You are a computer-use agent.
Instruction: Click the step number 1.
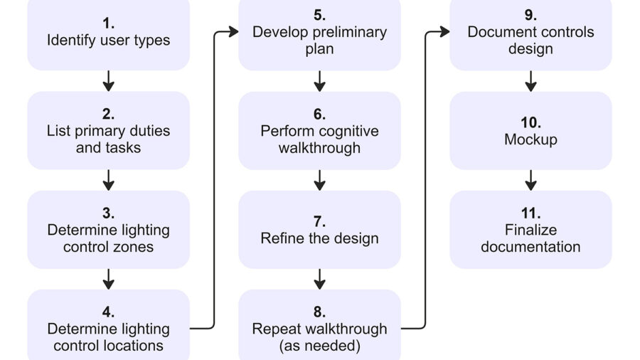pos(108,23)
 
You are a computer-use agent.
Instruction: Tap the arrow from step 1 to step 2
pos(108,80)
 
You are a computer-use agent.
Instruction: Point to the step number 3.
pos(108,213)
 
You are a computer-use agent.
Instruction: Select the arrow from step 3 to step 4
pos(108,278)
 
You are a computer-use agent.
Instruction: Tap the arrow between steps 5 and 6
pos(319,80)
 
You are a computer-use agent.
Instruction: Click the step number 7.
pos(319,221)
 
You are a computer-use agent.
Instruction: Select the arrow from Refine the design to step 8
pos(319,278)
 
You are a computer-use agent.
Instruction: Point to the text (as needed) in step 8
pos(319,346)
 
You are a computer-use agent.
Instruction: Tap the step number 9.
pos(530,15)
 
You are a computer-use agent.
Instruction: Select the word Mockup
pos(530,139)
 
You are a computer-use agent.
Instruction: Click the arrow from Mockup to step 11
pos(530,179)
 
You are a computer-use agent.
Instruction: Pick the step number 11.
pos(530,213)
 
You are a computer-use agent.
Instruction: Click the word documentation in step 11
pos(530,247)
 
